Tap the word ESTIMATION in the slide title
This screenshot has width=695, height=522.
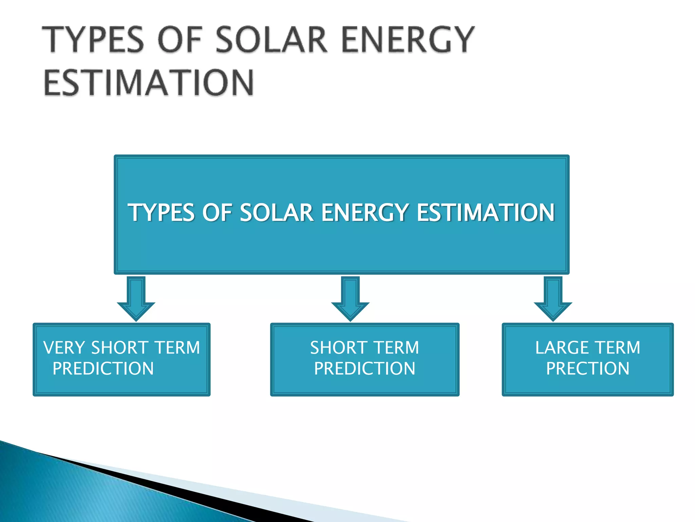coord(149,83)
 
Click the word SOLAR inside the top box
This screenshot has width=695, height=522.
coord(277,213)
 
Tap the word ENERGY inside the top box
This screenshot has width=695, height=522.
coord(365,213)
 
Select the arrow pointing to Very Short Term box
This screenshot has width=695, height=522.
coord(136,298)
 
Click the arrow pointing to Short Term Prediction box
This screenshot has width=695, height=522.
coord(350,298)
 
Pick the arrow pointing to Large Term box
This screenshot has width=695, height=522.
coord(553,298)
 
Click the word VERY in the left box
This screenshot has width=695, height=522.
coord(64,348)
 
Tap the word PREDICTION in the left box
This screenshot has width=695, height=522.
coord(103,369)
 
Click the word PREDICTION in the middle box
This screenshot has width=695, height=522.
coord(364,369)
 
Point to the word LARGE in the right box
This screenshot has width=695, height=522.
coord(562,348)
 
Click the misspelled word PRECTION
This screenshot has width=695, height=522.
coord(588,369)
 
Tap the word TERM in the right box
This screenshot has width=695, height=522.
coord(618,348)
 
